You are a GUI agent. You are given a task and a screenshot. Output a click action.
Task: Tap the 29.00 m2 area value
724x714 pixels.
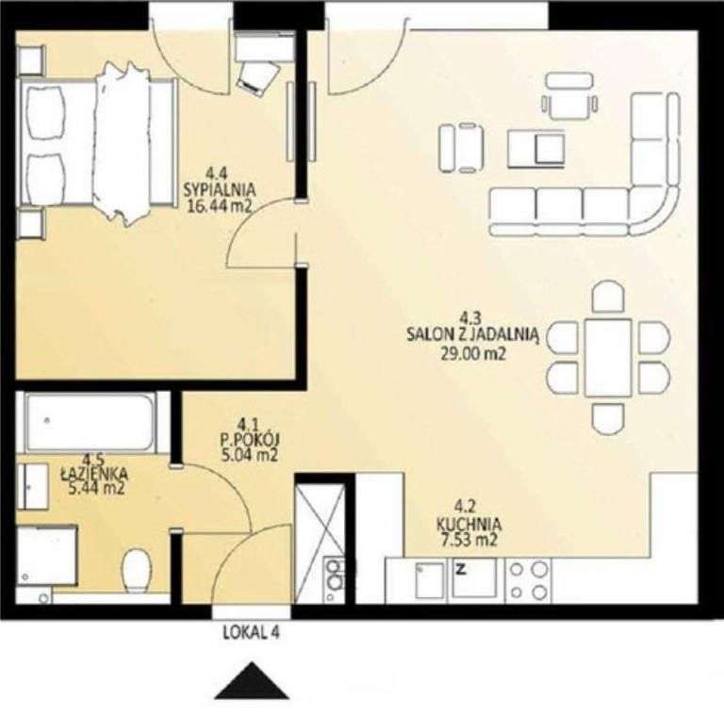pos(470,355)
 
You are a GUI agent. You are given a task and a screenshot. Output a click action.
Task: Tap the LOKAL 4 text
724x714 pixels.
pos(251,634)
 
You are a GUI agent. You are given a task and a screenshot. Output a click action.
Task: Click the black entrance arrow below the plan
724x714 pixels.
pos(251,682)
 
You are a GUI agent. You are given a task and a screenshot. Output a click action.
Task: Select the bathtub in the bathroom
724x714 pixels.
pos(90,422)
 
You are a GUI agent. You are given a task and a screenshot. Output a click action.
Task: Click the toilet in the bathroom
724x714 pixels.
pos(138,568)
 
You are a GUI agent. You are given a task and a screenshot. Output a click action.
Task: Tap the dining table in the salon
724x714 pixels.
pos(608,357)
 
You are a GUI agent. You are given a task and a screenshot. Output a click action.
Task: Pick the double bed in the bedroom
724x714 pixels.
pos(99,151)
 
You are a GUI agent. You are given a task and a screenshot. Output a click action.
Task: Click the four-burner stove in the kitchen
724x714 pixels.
pos(527,580)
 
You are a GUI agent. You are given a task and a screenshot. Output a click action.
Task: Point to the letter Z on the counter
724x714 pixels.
pos(462,569)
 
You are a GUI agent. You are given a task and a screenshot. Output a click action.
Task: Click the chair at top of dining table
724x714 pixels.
pos(608,298)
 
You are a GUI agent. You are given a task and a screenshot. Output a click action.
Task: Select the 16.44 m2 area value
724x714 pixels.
pos(218,206)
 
